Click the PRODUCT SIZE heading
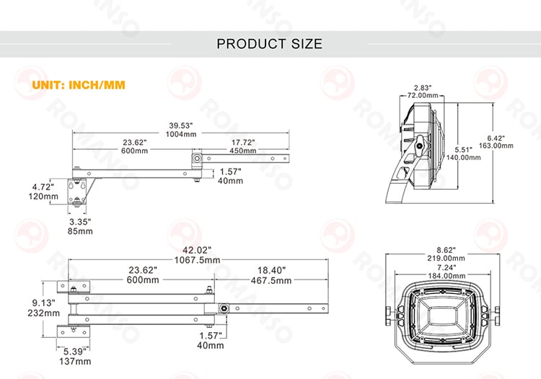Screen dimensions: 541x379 point(270,44)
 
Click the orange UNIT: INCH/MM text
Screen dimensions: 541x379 point(79,85)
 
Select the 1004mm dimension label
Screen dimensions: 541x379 point(181,134)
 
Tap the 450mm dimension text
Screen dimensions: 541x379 point(243,151)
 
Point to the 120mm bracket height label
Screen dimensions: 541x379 point(43,197)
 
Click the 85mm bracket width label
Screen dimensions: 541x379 point(80,231)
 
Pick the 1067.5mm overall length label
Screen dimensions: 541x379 point(197,260)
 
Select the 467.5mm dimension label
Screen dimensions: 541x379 point(271,280)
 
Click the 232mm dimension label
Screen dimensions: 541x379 point(43,313)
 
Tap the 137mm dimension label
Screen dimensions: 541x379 point(75,362)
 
